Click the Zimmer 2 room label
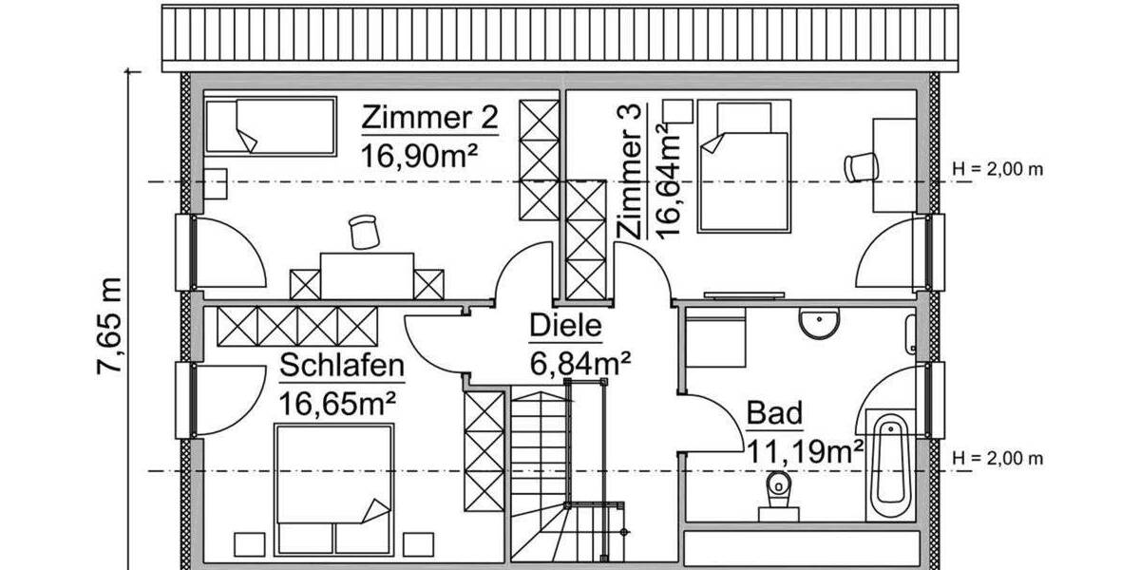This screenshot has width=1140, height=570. pos(429,119)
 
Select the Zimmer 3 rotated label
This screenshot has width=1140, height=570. pos(632,170)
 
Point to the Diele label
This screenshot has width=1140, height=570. pos(565,327)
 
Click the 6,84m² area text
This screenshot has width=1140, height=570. pos(580,362)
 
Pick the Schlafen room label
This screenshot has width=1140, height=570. pos(342,366)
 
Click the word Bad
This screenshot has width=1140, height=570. pos(774,413)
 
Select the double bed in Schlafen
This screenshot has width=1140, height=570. pos(333,488)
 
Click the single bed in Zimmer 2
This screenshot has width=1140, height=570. pos(271,126)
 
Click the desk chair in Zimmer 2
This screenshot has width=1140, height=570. pos(362,231)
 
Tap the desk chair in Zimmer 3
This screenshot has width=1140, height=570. pos(861,165)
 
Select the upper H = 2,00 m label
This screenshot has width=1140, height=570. pos(997,170)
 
